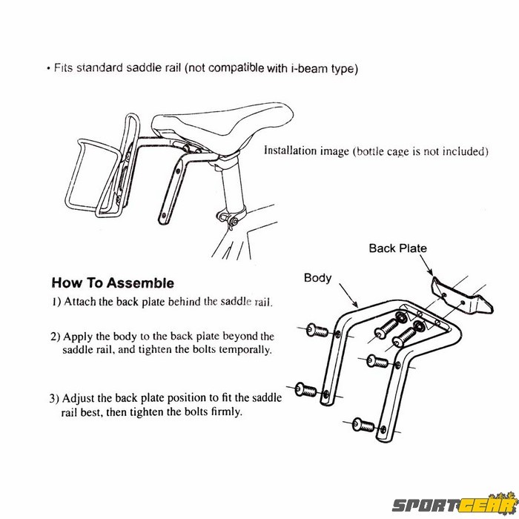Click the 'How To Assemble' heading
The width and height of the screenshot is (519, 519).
(x=113, y=283)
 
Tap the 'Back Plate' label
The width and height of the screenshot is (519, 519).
(x=398, y=248)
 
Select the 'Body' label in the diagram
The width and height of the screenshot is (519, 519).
(x=318, y=278)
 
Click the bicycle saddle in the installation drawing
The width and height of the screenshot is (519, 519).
(x=222, y=126)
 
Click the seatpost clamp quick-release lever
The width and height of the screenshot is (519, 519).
(x=228, y=219)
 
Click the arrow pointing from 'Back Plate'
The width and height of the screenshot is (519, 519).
(x=426, y=265)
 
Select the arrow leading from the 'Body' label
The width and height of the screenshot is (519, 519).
(x=348, y=296)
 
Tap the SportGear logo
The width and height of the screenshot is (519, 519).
(x=455, y=504)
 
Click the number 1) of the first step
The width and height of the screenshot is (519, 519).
(x=56, y=302)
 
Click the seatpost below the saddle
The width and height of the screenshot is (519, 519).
(x=234, y=185)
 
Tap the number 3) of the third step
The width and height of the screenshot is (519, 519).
(x=54, y=398)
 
